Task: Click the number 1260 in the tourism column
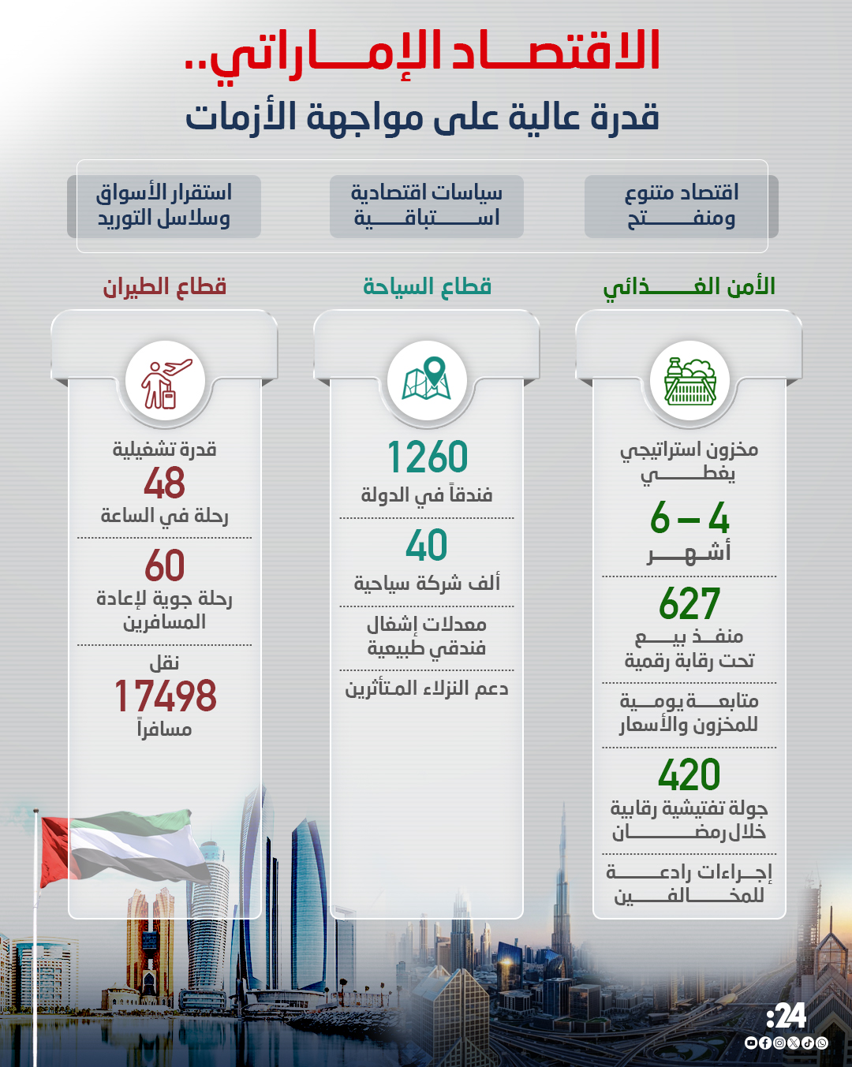coord(427,457)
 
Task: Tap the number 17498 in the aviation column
coord(165,696)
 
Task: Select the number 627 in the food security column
coord(689,605)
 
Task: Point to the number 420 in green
coord(689,775)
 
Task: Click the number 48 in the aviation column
coord(164,483)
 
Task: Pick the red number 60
coord(164,566)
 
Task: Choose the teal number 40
coord(427,546)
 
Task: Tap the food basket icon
coord(689,382)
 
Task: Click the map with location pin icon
coord(427,380)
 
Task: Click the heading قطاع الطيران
coord(165,286)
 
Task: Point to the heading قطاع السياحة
coord(427,286)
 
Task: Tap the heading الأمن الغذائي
coord(689,287)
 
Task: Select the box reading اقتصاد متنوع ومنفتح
coord(682,207)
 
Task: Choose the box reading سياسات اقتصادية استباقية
coord(427,207)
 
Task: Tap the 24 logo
coord(787,1017)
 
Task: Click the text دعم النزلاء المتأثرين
coord(427,688)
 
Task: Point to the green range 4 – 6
coord(689,519)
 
